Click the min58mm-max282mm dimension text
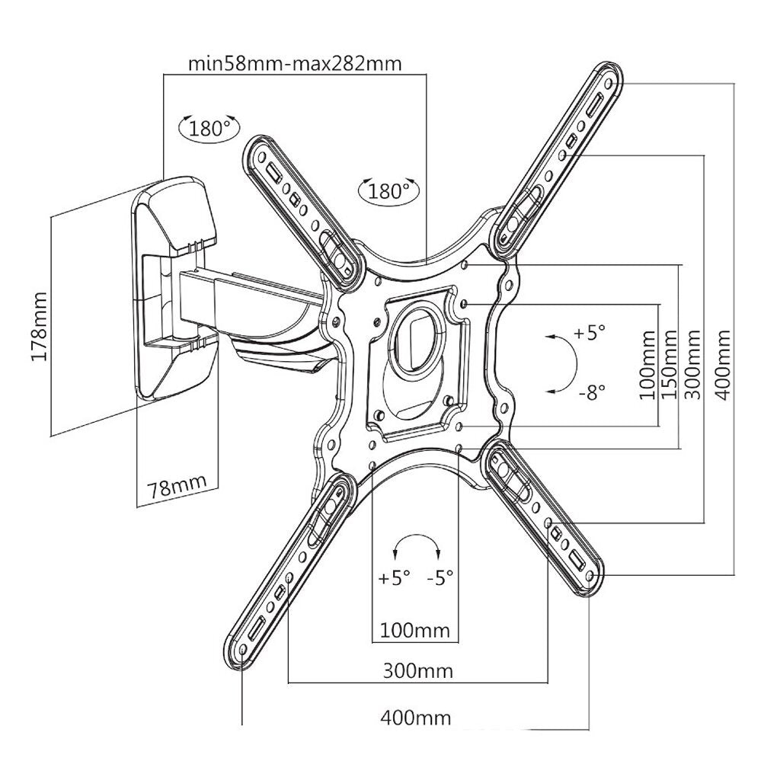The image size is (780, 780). coord(295,62)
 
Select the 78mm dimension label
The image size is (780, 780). coord(177,487)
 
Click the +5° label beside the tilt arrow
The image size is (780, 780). coord(590,333)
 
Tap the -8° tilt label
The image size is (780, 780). coord(591,392)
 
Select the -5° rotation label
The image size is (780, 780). coord(440,577)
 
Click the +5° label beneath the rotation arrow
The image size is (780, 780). coord(395,577)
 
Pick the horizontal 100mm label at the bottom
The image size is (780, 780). coord(415,631)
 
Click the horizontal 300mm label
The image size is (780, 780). coord(417,671)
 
